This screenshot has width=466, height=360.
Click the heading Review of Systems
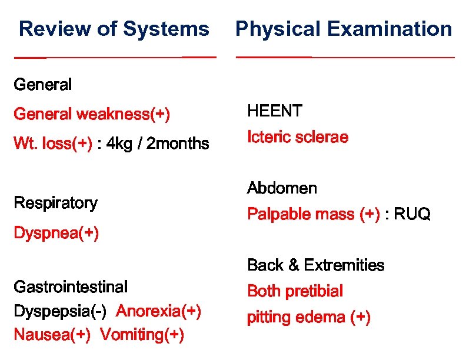tap(114, 29)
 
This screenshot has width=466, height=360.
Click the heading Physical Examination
tap(344, 29)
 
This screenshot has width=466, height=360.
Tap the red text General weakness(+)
tap(92, 114)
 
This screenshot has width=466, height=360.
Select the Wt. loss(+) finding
tap(53, 144)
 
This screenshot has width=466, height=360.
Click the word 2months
tap(178, 144)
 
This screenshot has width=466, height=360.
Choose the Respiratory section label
tap(55, 204)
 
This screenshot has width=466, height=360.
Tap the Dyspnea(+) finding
tap(56, 234)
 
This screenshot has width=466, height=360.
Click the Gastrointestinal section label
tap(70, 287)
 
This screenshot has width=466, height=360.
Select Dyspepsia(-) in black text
tap(60, 311)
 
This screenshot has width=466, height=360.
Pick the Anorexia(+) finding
tap(159, 311)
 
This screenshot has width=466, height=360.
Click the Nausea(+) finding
tap(52, 335)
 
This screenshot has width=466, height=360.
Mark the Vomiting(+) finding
tap(142, 335)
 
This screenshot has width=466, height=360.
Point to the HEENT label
tap(275, 111)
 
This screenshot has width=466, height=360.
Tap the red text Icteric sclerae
tap(298, 138)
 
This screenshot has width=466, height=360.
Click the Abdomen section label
tap(282, 189)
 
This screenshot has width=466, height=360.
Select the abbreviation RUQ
tap(412, 215)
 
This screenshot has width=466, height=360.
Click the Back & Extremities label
tap(315, 265)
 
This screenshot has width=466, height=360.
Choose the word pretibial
tap(317, 291)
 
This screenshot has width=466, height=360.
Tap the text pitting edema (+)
tap(308, 318)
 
